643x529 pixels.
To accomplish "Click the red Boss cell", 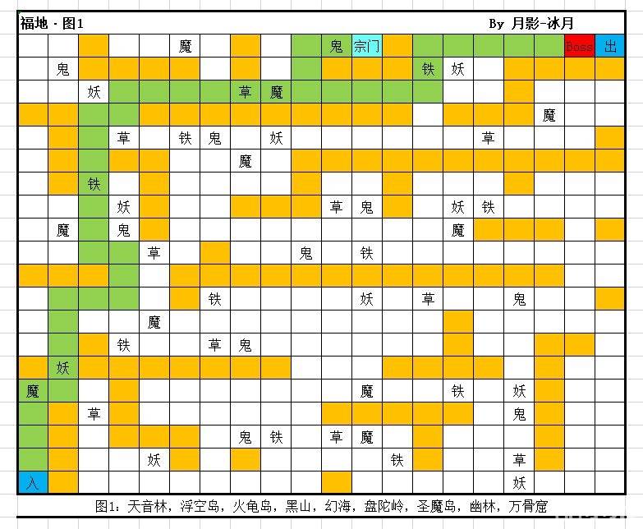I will click(x=579, y=47).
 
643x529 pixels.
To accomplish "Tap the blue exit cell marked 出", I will click(x=610, y=47).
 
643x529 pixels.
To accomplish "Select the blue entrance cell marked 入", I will click(x=32, y=482).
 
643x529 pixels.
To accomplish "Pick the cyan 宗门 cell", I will click(x=366, y=47).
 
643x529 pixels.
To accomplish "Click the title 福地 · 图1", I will click(x=51, y=23).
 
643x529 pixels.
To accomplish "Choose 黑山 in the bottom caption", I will click(x=300, y=505).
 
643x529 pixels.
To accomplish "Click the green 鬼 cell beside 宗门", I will click(x=336, y=47).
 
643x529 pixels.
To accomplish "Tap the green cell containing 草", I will click(x=245, y=92).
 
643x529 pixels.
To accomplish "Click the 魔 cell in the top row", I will click(x=185, y=47).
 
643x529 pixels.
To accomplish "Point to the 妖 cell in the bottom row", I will click(x=519, y=482).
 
